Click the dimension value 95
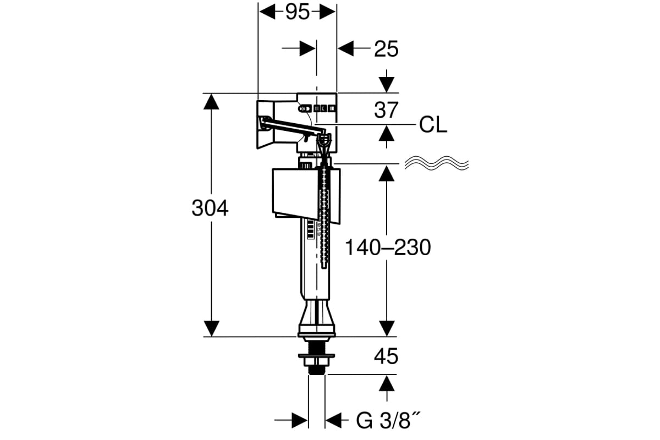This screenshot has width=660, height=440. [x=298, y=12]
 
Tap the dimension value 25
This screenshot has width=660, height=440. [x=386, y=48]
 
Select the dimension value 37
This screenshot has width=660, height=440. [x=386, y=109]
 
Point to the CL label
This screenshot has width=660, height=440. [x=433, y=125]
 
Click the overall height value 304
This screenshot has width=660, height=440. [x=210, y=208]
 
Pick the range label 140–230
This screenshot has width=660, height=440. [x=388, y=248]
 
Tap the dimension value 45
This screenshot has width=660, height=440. [x=386, y=356]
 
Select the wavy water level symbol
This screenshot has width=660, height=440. [x=437, y=163]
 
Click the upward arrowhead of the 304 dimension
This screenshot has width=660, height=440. [x=211, y=102]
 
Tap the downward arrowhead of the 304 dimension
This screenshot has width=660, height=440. [x=212, y=328]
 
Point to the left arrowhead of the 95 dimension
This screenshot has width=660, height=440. [x=267, y=12]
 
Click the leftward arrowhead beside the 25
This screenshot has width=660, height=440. [x=345, y=48]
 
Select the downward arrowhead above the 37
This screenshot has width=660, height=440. [x=387, y=85]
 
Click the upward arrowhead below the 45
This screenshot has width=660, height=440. [x=387, y=383]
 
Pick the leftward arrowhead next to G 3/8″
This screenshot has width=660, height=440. [x=333, y=420]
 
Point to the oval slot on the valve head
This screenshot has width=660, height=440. [x=305, y=109]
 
